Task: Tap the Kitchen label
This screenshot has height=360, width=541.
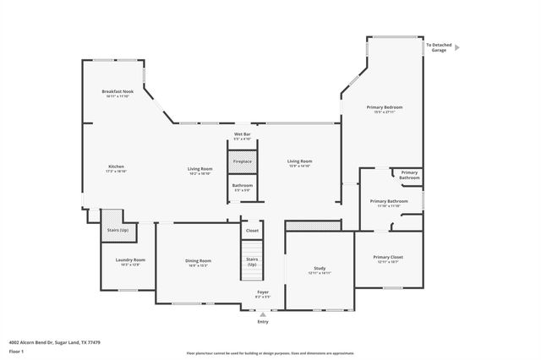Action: pos(116,168)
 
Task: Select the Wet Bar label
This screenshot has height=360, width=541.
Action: pos(243,137)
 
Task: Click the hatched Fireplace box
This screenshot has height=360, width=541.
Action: pos(243,161)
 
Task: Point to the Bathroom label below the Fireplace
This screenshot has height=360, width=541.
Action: pos(243,187)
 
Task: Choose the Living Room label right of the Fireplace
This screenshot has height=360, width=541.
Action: pos(299,163)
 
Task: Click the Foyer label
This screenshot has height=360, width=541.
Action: pos(263,294)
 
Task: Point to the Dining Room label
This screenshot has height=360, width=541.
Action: pos(198,263)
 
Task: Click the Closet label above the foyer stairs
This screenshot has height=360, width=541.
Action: pos(252,231)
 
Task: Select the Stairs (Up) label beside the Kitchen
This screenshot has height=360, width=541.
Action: pos(117,230)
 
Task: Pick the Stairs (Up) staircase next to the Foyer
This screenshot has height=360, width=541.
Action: pos(252,262)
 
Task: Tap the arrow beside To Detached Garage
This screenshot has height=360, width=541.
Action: pos(457,48)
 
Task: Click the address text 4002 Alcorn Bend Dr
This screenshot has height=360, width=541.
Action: pos(49,341)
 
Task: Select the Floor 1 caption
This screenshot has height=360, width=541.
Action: pos(16,351)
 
